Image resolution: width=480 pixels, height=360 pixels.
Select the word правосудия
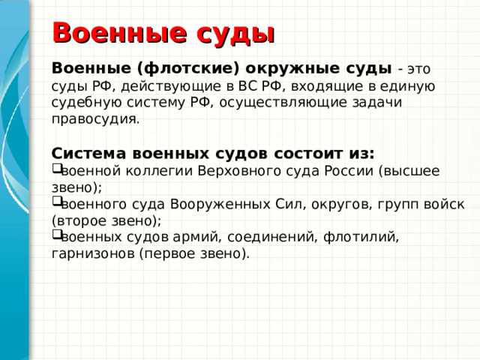[95, 119]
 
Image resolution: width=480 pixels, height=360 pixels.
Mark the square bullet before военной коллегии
[56, 169]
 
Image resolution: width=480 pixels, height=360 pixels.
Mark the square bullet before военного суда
[56, 203]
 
